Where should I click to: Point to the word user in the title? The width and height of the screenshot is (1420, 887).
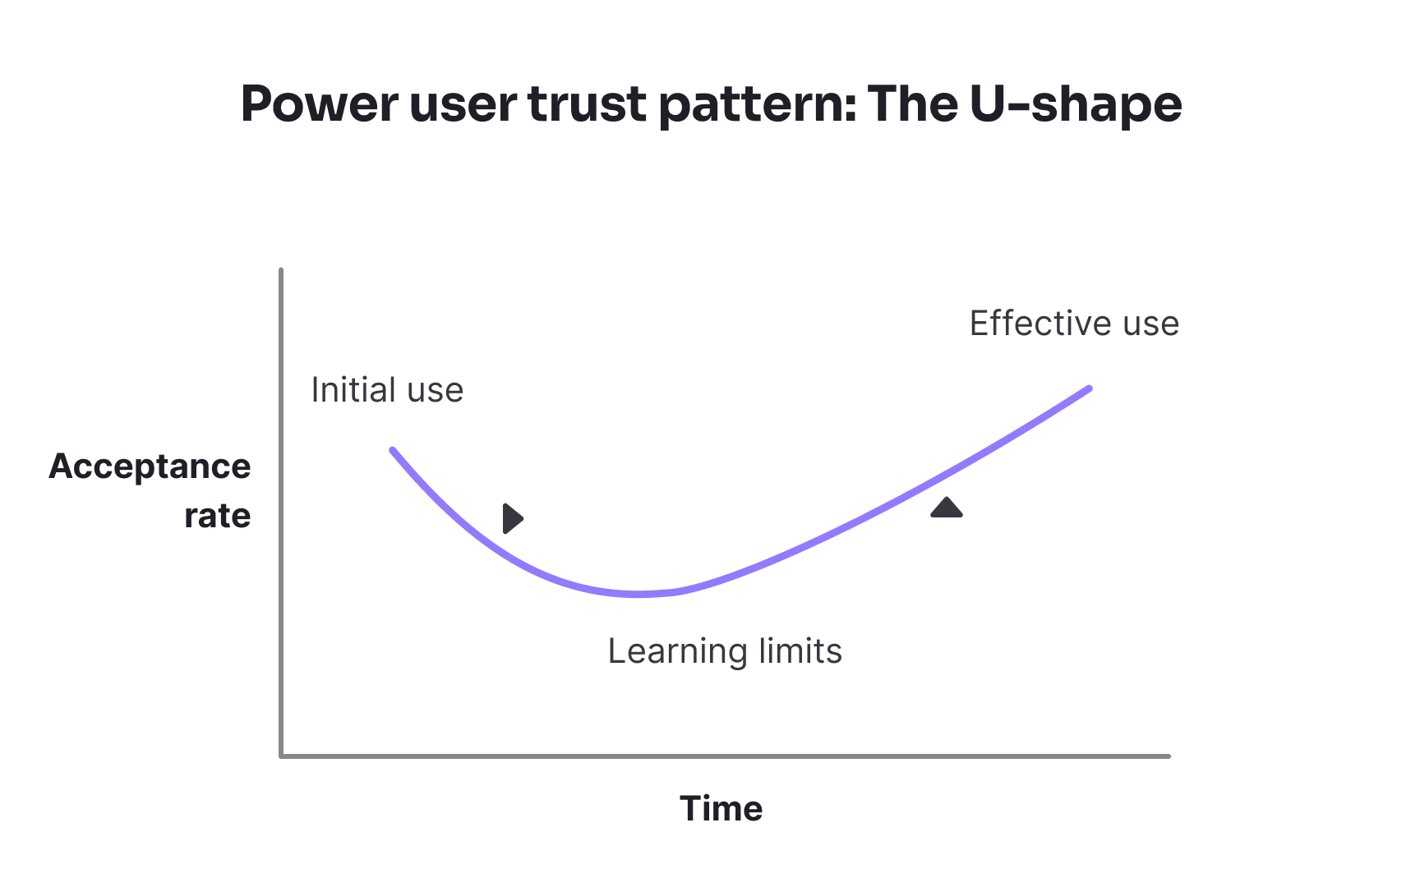463,104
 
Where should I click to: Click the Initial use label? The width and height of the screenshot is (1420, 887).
387,390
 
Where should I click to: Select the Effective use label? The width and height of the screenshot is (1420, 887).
1074,324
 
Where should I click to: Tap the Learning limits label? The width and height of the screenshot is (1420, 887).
725,651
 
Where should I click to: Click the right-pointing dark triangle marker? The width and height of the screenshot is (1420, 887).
512,518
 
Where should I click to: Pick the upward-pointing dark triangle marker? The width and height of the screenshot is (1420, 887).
947,508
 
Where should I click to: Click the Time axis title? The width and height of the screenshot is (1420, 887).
721,809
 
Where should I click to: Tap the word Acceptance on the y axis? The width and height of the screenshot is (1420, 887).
150,466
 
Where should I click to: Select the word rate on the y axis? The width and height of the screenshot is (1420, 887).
217,516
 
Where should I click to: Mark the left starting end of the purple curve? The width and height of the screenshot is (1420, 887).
393,450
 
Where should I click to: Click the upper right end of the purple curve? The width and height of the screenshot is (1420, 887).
1089,388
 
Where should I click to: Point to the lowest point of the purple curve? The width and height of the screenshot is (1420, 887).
639,594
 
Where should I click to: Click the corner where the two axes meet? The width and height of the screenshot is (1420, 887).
281,756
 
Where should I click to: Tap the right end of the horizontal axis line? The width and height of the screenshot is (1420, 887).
1168,756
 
